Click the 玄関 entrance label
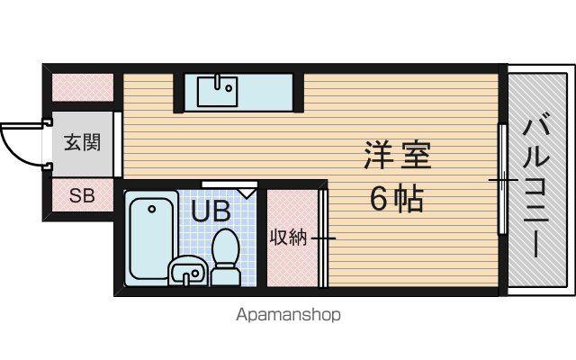point(82,142)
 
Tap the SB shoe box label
point(82,196)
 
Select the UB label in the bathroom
point(211,211)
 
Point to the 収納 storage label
point(288,238)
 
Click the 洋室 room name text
point(397,156)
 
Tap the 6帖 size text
point(397,199)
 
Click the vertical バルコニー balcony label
point(536,187)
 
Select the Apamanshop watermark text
point(288,315)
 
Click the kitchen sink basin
point(217,91)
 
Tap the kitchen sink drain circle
point(229,88)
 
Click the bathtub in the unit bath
point(152,238)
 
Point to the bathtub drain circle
point(151,210)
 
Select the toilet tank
point(226,276)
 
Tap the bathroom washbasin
point(188,272)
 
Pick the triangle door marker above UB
point(246,193)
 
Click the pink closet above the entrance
point(83,87)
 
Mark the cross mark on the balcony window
point(503,180)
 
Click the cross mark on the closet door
point(323,238)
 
